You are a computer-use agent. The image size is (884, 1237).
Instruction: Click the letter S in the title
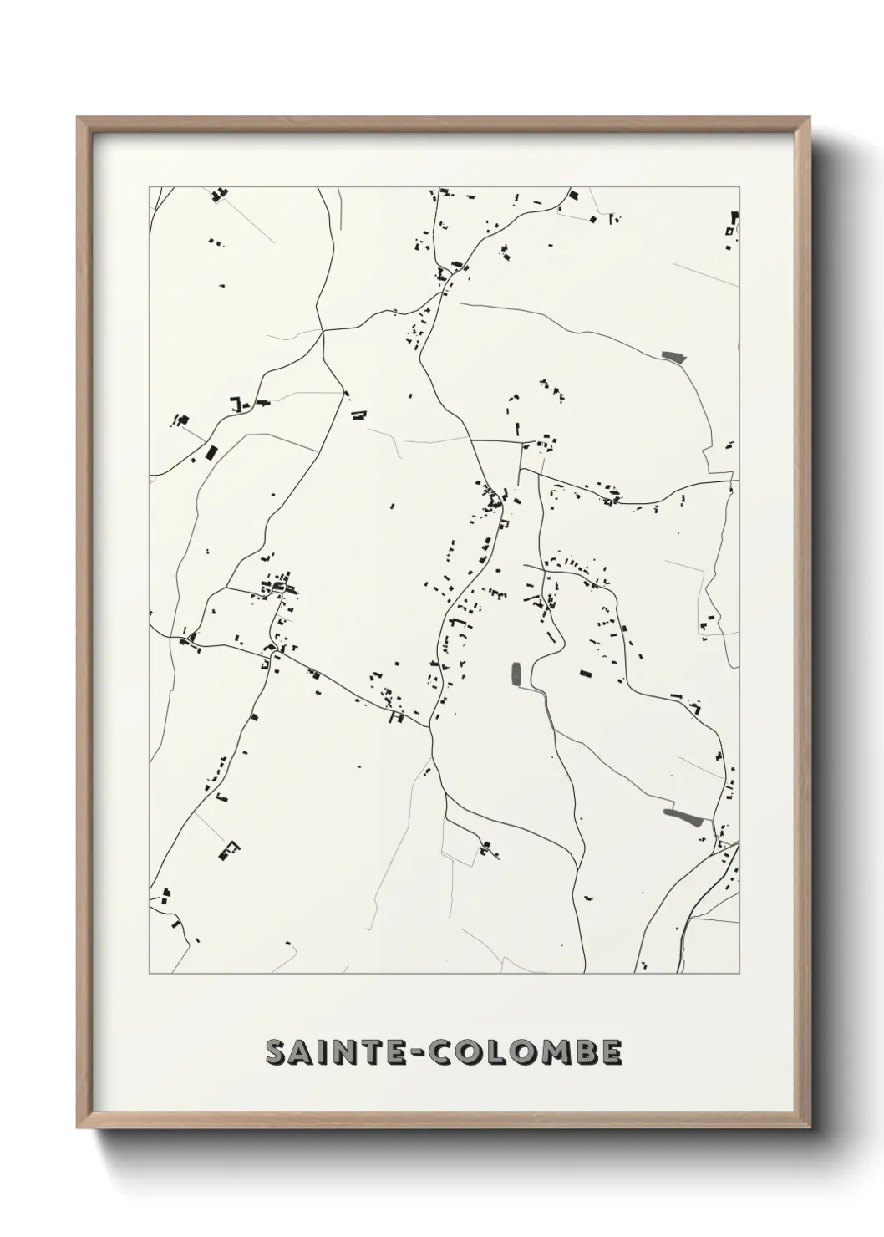[277, 1052]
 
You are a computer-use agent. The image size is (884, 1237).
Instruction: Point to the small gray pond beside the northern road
[673, 357]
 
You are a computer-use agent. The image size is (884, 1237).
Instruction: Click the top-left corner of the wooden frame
[78, 117]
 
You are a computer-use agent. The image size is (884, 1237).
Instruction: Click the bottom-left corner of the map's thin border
[150, 975]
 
